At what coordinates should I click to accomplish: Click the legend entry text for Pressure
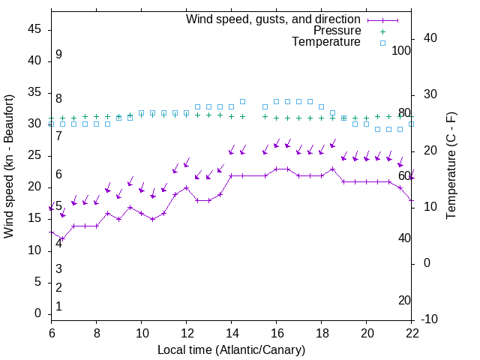click(x=337, y=31)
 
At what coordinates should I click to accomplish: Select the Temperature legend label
click(x=326, y=42)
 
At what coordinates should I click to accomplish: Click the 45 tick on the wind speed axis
click(x=34, y=29)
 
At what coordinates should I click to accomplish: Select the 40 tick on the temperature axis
click(x=431, y=38)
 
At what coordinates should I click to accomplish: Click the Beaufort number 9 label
click(x=58, y=55)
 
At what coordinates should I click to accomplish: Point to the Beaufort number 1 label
click(x=58, y=307)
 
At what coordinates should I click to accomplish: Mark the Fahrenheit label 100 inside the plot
click(x=402, y=50)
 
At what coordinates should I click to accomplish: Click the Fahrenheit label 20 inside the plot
click(x=404, y=301)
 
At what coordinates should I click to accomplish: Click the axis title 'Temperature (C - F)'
click(x=451, y=166)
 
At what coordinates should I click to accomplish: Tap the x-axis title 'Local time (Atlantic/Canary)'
click(x=232, y=349)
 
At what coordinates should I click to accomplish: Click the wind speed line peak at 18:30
click(x=333, y=169)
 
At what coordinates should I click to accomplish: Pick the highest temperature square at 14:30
click(x=243, y=101)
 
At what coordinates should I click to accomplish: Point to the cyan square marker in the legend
click(x=382, y=43)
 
